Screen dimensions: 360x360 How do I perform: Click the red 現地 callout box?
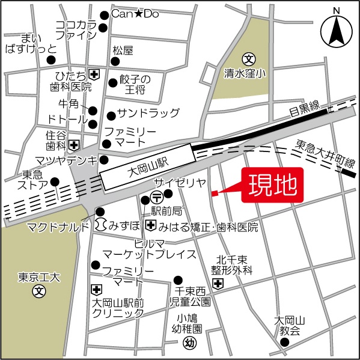click(272, 186)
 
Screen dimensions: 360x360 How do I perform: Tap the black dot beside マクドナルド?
click(100, 212)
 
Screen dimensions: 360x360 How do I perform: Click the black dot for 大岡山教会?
click(285, 343)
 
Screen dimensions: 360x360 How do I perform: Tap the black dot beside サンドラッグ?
click(111, 115)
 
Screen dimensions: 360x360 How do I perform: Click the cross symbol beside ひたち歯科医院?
click(94, 73)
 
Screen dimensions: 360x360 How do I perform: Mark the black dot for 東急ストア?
click(55, 182)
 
